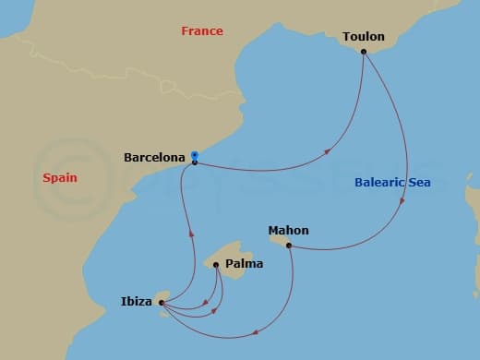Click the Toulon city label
[x=363, y=37]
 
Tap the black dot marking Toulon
[x=365, y=52]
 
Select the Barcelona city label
[x=153, y=158]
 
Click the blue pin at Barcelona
[x=194, y=157]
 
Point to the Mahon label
[x=288, y=230]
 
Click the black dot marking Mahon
[x=289, y=246]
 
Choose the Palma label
[x=244, y=264]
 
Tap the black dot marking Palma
[x=217, y=266]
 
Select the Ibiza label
[x=138, y=300]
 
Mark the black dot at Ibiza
[x=161, y=301]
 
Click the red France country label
[x=202, y=31]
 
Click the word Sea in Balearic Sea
[x=420, y=183]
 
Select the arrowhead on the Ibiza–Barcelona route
[x=191, y=234]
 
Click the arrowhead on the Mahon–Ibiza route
[x=255, y=330]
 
